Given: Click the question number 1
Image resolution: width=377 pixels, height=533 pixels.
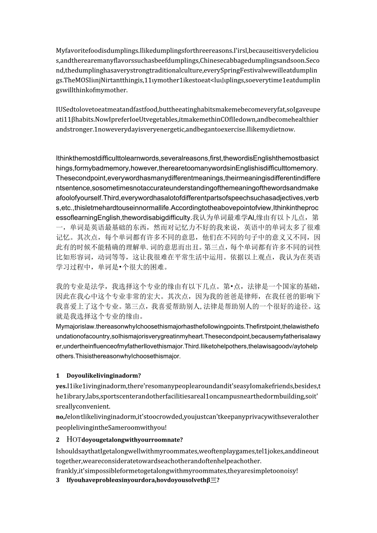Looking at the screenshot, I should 58,375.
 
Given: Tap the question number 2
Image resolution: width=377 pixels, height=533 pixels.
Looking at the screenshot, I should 58,440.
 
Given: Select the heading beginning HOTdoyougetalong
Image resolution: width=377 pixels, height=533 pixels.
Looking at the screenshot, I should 125,440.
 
